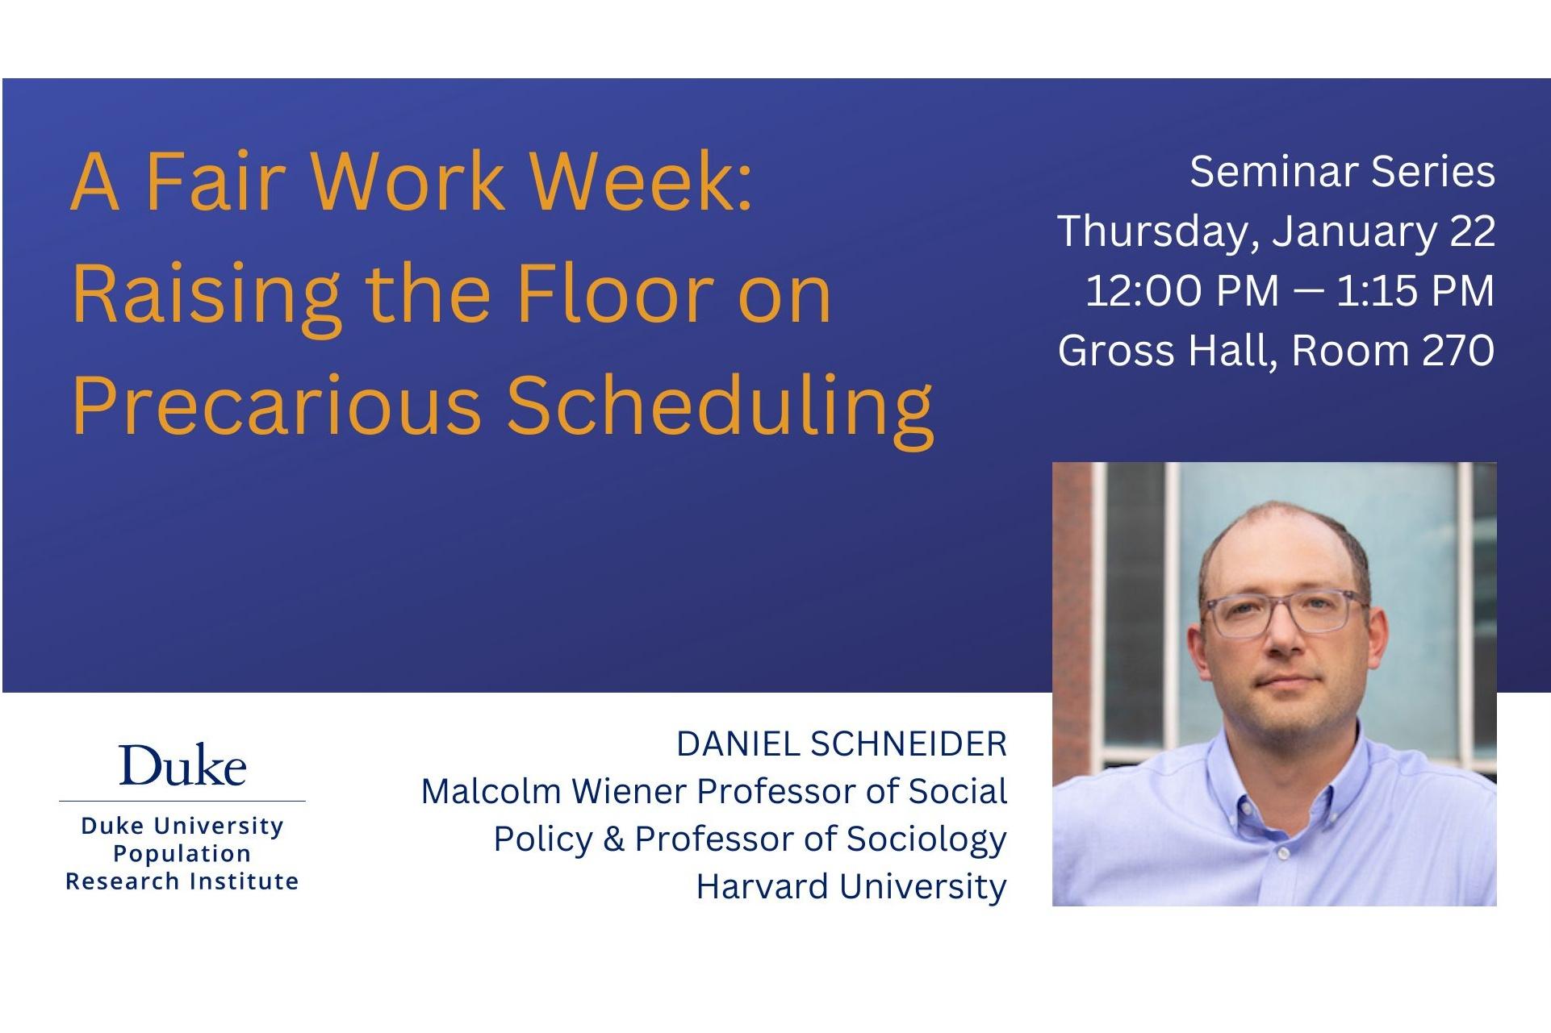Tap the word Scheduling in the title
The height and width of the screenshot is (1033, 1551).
pyautogui.click(x=720, y=409)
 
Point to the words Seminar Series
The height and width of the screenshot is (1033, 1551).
pyautogui.click(x=1342, y=172)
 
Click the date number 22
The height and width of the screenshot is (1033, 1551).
pyautogui.click(x=1473, y=231)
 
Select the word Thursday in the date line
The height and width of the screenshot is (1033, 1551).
pyautogui.click(x=1156, y=232)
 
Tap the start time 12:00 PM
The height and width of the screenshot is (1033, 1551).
pyautogui.click(x=1182, y=290)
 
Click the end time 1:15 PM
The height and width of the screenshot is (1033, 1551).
pyautogui.click(x=1415, y=290)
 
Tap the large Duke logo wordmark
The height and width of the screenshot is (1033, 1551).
pyautogui.click(x=182, y=765)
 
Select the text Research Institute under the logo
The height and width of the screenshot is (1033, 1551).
pyautogui.click(x=182, y=881)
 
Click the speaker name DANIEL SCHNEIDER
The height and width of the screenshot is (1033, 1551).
pyautogui.click(x=842, y=744)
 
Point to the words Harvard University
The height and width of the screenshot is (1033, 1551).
pyautogui.click(x=851, y=887)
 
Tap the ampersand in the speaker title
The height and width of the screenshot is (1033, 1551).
pyautogui.click(x=613, y=839)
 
